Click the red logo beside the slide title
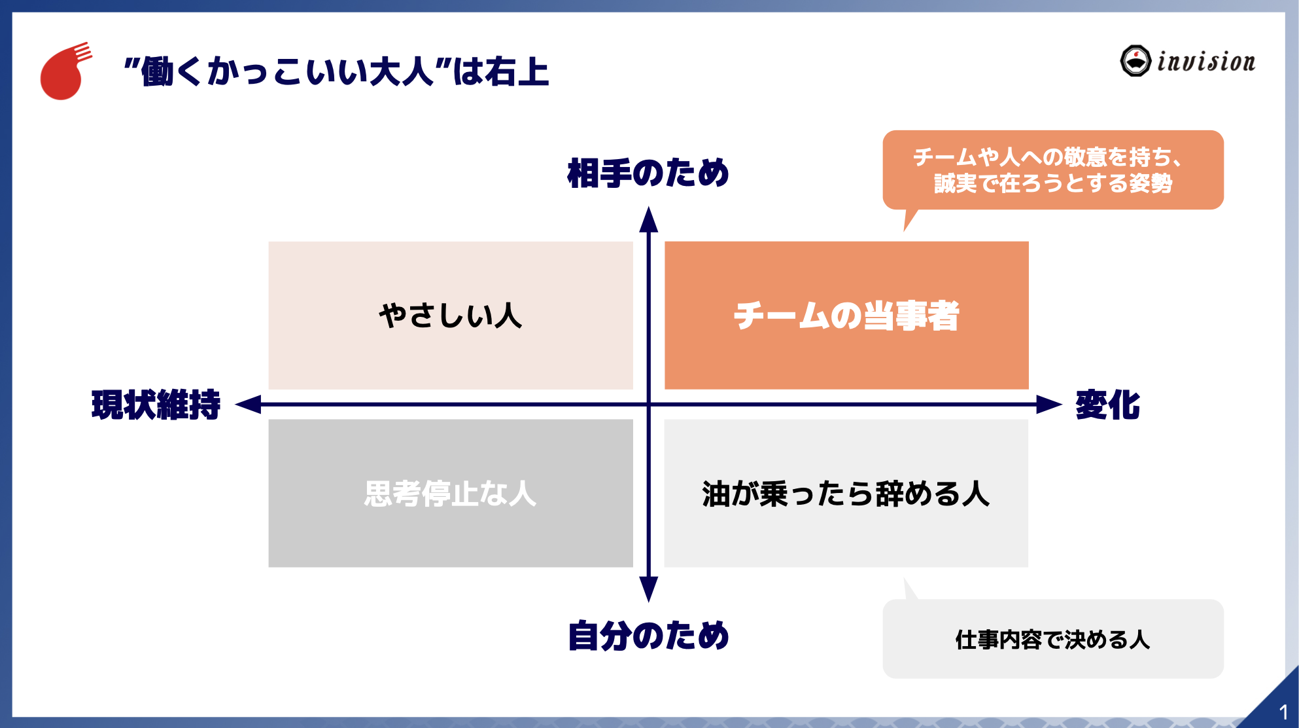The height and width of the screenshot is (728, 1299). pyautogui.click(x=63, y=73)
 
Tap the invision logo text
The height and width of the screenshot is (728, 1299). pyautogui.click(x=1205, y=62)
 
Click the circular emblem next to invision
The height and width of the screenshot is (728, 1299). pyautogui.click(x=1135, y=61)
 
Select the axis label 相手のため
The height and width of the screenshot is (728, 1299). pyautogui.click(x=648, y=173)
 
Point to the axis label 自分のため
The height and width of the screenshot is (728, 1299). pyautogui.click(x=648, y=636)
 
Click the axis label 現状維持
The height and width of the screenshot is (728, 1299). pyautogui.click(x=156, y=405)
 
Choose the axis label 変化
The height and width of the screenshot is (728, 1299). pyautogui.click(x=1107, y=405)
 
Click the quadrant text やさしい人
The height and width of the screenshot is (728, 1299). pyautogui.click(x=451, y=316)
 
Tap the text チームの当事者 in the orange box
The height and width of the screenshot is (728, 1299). pyautogui.click(x=846, y=316)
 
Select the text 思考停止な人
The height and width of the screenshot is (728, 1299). pyautogui.click(x=451, y=494)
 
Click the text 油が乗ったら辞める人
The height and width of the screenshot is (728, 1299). pyautogui.click(x=846, y=494)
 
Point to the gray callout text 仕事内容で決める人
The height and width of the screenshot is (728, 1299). pyautogui.click(x=1052, y=640)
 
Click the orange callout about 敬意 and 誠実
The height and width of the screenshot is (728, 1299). pyautogui.click(x=1052, y=170)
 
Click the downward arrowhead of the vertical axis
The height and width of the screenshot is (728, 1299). pyautogui.click(x=648, y=589)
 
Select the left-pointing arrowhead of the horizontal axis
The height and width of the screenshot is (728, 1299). pyautogui.click(x=249, y=405)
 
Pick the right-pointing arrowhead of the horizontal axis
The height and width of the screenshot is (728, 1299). pyautogui.click(x=1048, y=405)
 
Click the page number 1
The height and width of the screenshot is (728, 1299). pyautogui.click(x=1283, y=712)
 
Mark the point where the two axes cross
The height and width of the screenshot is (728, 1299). pyautogui.click(x=648, y=405)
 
